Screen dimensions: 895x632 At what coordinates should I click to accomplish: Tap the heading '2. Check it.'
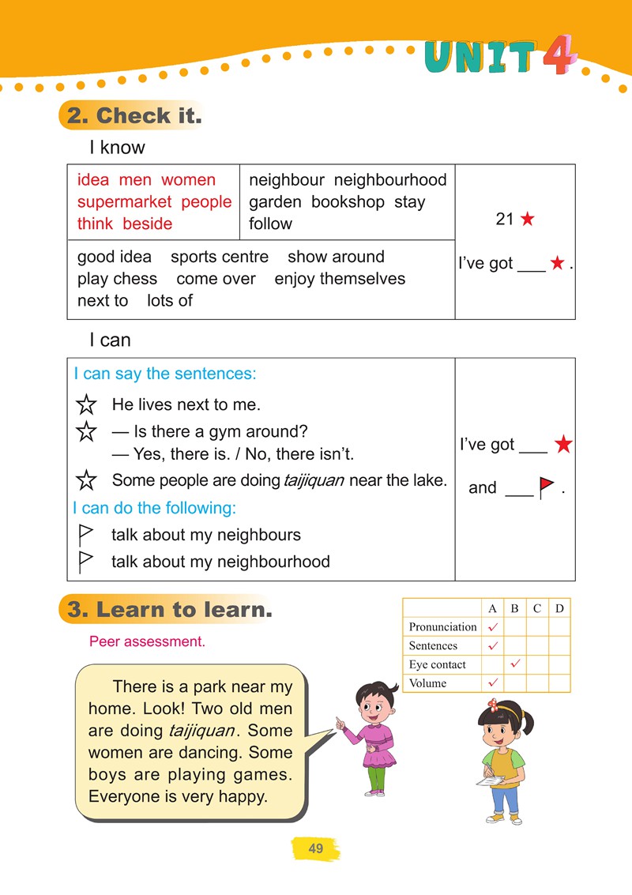click(x=134, y=116)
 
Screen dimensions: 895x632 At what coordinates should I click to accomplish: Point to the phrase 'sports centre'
click(x=220, y=257)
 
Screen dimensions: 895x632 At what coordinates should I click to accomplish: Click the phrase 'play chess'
click(x=117, y=279)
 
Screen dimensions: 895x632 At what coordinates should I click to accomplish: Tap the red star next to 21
click(x=527, y=220)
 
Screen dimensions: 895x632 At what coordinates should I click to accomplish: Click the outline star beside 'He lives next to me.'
click(x=86, y=406)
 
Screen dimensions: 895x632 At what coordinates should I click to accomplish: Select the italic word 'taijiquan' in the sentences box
click(x=314, y=480)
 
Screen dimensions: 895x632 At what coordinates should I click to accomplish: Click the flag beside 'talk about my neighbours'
click(x=86, y=535)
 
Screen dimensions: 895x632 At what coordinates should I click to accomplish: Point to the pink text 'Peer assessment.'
click(x=147, y=641)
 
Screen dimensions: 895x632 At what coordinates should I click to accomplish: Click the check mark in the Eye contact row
click(x=515, y=663)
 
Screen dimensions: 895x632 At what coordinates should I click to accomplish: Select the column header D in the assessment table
click(x=559, y=608)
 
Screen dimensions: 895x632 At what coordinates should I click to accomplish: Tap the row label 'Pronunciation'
click(x=442, y=626)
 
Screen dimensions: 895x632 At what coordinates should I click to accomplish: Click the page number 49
click(x=316, y=849)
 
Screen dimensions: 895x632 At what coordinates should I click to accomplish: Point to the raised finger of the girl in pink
click(x=338, y=720)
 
